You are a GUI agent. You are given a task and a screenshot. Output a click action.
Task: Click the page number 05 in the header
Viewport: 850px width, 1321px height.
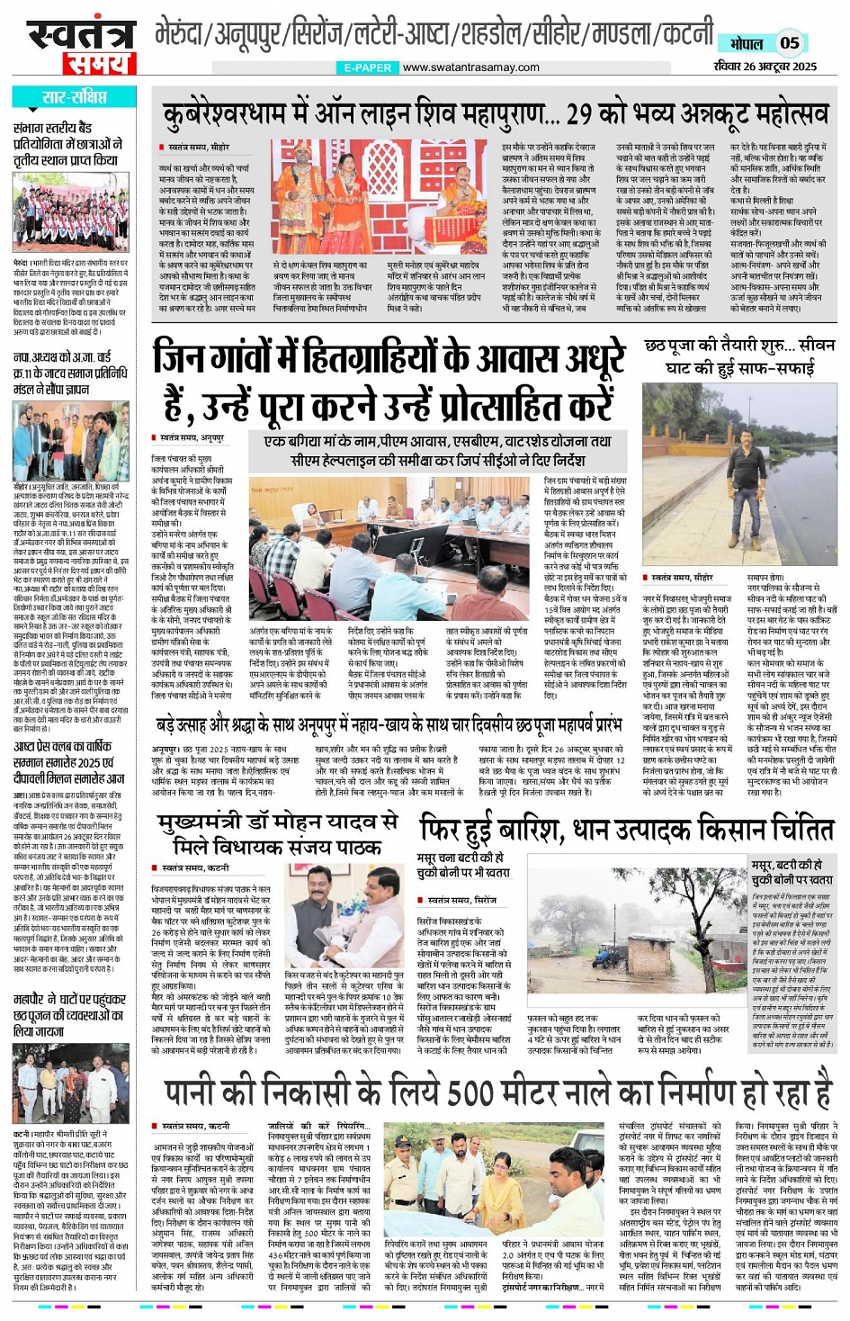pyautogui.click(x=789, y=42)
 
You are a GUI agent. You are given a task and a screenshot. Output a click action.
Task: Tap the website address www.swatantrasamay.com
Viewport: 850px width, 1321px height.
pyautogui.click(x=470, y=67)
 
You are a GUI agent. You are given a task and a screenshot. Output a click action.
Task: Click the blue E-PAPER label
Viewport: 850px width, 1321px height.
pyautogui.click(x=368, y=67)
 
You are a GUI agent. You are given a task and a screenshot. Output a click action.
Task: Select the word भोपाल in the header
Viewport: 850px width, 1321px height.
pyautogui.click(x=746, y=43)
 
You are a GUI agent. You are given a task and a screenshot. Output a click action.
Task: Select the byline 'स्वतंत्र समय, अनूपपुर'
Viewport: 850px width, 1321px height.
pyautogui.click(x=192, y=437)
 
